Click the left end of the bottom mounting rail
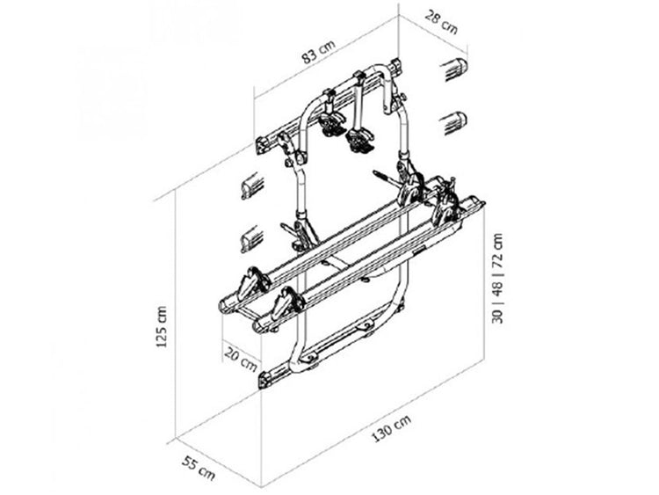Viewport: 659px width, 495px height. coord(265,380)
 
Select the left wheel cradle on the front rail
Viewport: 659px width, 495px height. coord(285,307)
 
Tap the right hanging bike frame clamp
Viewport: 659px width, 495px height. coord(358,138)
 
